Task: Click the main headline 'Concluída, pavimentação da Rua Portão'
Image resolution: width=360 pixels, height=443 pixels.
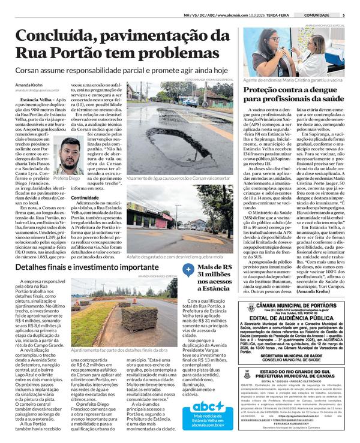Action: pyautogui.click(x=119, y=44)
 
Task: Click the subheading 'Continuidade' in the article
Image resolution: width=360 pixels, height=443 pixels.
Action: pyautogui.click(x=85, y=197)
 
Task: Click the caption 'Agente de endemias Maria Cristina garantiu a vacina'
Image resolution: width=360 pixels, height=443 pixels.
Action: pyautogui.click(x=293, y=79)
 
